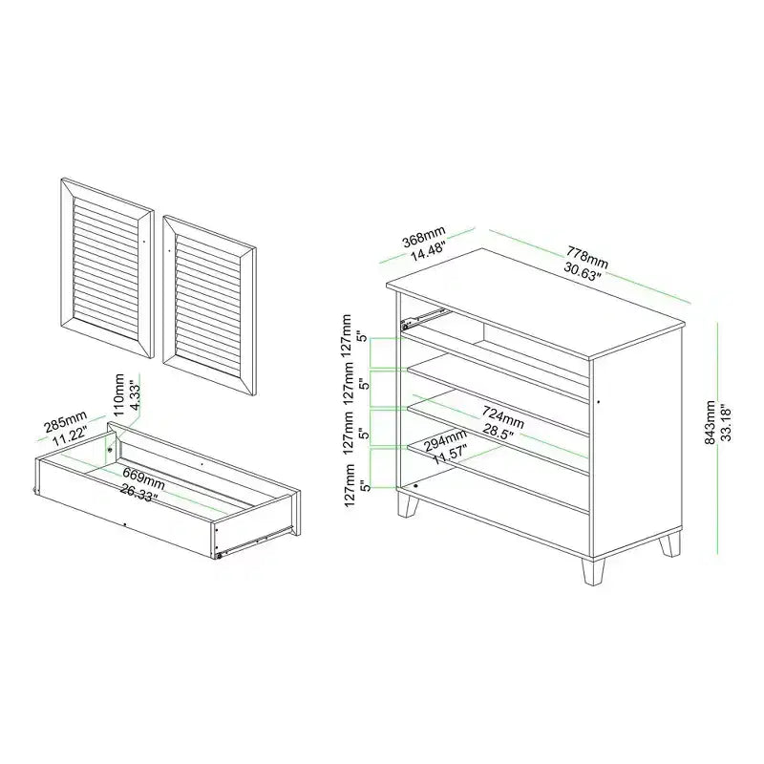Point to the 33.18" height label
(x=726, y=422)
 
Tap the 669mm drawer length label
(x=143, y=479)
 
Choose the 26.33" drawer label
(x=138, y=493)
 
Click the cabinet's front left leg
(x=408, y=503)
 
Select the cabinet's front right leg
(x=593, y=571)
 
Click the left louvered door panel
(x=107, y=268)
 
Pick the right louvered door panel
(x=210, y=306)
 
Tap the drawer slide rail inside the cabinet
(x=422, y=317)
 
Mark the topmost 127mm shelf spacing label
(x=347, y=336)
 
